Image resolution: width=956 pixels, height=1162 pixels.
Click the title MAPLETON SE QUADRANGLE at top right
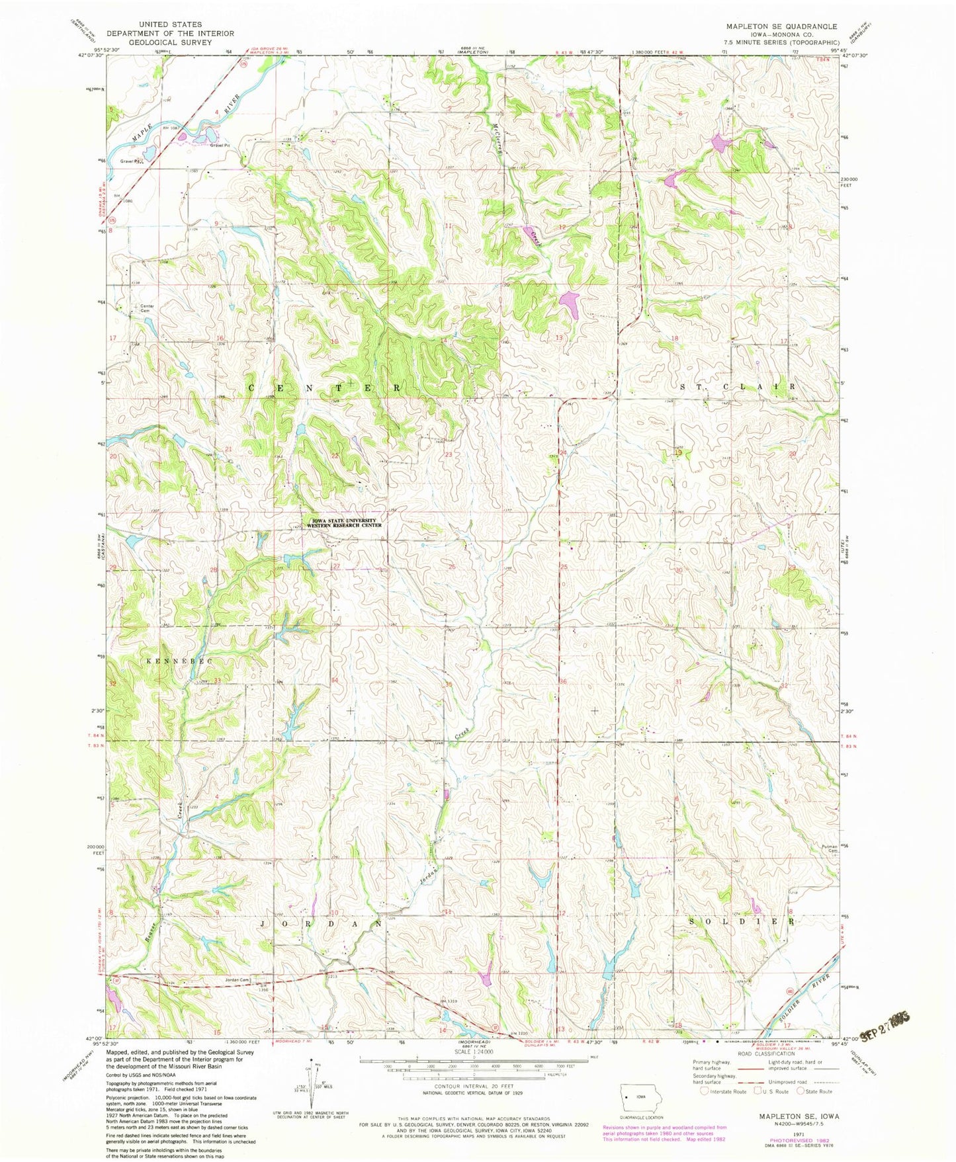[x=781, y=26]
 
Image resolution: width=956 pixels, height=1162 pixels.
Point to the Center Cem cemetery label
[x=146, y=308]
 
